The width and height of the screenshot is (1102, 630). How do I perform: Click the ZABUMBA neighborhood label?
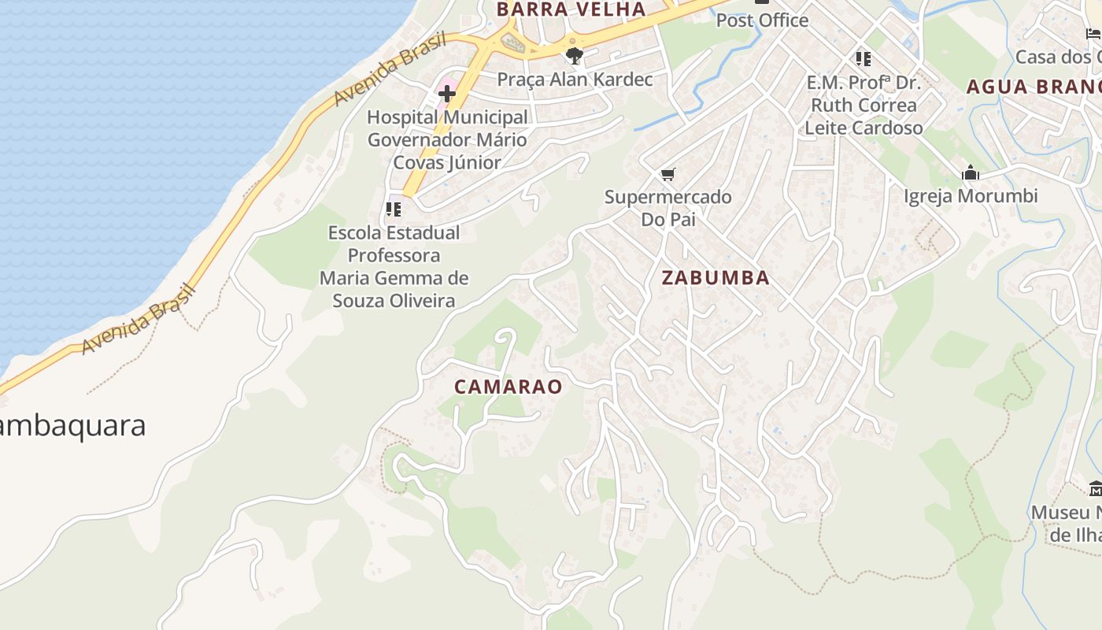716,278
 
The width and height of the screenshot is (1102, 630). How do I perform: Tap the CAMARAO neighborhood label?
508,387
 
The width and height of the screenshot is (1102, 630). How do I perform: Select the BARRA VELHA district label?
571,9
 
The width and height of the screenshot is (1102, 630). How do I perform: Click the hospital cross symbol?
447,94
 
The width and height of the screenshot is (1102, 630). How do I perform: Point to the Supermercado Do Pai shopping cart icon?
668,174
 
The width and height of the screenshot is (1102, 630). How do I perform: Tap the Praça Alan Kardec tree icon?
575,55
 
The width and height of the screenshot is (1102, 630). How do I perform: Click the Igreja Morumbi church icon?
971,173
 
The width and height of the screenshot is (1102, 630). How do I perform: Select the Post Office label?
762,20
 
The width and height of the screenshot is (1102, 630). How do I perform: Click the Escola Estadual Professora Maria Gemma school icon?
394,209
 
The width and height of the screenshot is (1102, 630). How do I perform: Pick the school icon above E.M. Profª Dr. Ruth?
863,59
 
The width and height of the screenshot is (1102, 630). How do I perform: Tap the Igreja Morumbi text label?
971,196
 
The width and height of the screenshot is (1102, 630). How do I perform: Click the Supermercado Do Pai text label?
668,208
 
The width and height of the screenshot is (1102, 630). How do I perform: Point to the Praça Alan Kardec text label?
575,80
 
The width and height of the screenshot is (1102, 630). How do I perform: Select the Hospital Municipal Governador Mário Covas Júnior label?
447,140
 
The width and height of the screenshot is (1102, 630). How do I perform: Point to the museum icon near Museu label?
1095,489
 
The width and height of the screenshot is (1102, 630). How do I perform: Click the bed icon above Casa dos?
1093,34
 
